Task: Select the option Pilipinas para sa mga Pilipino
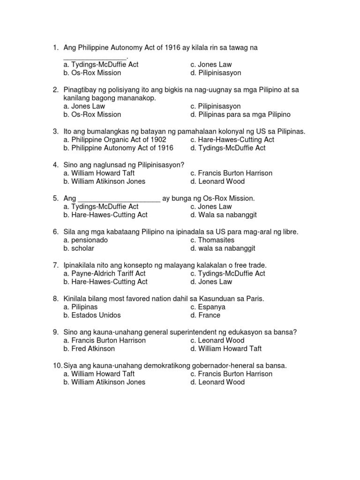(x=240, y=114)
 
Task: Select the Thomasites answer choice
(x=212, y=240)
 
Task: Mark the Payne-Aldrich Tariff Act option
(x=105, y=273)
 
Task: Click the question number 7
(x=55, y=265)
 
